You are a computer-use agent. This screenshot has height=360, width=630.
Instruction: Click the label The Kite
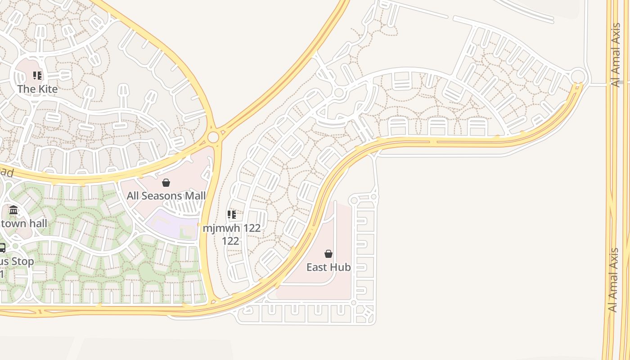point(37,89)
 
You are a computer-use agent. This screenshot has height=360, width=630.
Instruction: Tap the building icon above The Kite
point(37,76)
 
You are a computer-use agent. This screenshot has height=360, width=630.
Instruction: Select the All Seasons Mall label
point(166,196)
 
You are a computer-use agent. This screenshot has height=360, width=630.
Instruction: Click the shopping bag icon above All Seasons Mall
point(166,183)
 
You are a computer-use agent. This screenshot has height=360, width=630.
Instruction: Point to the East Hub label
point(328,267)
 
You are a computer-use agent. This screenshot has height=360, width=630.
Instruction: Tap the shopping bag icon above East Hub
point(328,254)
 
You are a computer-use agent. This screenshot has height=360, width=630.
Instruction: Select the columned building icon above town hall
point(13,210)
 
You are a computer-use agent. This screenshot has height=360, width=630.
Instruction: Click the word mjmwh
point(217,228)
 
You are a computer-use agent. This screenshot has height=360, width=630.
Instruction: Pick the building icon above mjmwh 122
point(231,215)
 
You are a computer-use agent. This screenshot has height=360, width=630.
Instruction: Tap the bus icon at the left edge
point(2,248)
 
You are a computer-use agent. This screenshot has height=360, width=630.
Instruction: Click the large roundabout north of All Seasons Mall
point(213,137)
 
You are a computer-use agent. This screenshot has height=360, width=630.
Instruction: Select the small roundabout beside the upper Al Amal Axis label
point(578,76)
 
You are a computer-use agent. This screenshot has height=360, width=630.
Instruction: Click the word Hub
point(341,267)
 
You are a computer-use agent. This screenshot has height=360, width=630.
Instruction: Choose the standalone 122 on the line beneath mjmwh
point(230,241)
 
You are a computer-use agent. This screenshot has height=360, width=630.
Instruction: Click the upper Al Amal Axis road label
point(616,54)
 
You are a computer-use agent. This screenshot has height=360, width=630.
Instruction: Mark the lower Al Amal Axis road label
point(613,280)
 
